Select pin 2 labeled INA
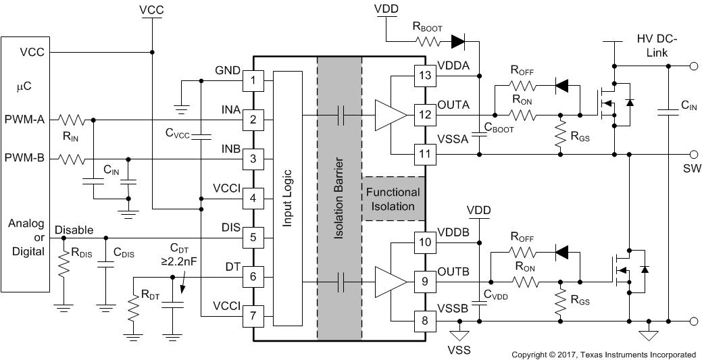[x=253, y=120]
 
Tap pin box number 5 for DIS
[x=253, y=237]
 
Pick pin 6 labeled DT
[x=253, y=276]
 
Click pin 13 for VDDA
[x=425, y=76]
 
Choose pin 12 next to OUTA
[x=425, y=115]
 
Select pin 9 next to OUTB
[x=425, y=282]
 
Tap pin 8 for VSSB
[x=425, y=321]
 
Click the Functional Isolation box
[x=393, y=199]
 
